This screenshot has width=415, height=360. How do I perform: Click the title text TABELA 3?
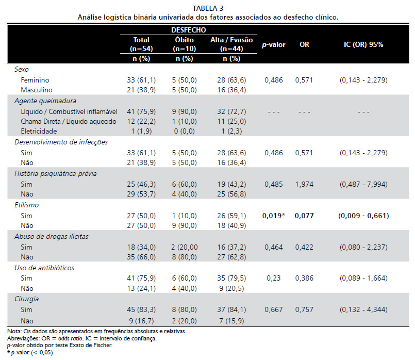208,8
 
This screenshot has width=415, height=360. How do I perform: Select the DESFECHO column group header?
189,30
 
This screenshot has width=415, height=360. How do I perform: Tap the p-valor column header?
274,45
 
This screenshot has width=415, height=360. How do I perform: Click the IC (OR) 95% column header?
363,44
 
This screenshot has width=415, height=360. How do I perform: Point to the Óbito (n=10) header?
184,44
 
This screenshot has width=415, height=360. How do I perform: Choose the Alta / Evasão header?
231,40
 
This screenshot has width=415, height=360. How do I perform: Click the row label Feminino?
35,80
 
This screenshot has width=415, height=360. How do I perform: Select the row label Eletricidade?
39,132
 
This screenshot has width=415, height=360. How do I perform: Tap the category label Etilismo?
26,205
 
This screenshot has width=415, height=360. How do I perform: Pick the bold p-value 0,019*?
274,216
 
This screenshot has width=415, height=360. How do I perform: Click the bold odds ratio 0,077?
304,216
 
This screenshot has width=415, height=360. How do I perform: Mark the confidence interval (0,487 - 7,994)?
363,184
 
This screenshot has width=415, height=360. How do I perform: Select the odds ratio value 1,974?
304,184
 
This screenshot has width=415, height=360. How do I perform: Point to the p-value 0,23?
274,278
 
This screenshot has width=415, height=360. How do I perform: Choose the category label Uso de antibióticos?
44,268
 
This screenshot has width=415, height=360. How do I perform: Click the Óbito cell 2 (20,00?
185,247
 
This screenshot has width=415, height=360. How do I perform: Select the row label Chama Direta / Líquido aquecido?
69,122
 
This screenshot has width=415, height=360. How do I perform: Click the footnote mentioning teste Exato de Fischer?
60,345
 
